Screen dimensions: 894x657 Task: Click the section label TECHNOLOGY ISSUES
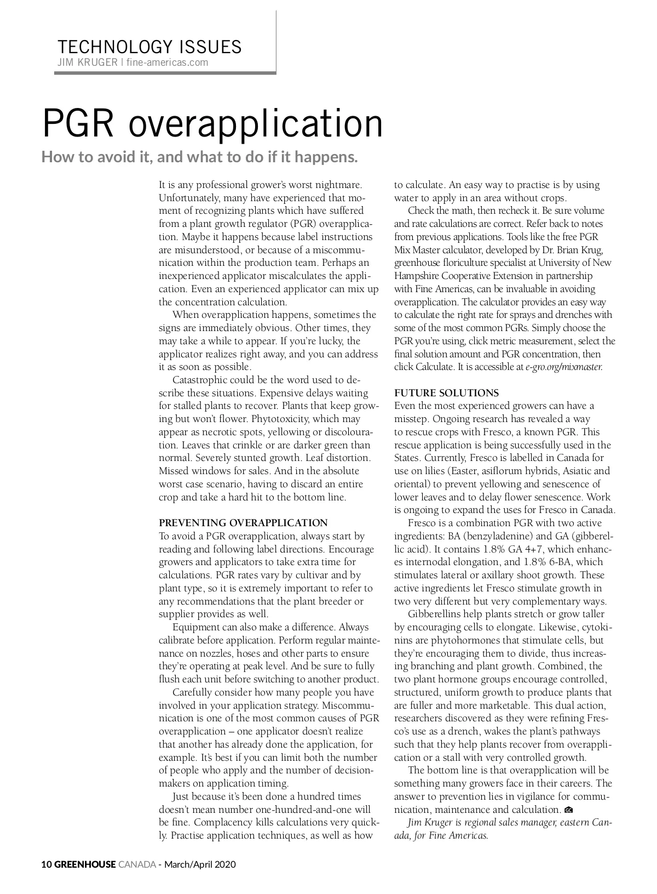click(149, 47)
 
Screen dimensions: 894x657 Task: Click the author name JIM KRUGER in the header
click(87, 62)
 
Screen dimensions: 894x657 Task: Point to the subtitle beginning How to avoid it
click(200, 157)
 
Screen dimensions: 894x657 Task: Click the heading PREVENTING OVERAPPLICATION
click(243, 523)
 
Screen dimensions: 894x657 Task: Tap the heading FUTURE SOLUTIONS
click(447, 393)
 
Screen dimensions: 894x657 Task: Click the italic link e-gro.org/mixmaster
click(564, 367)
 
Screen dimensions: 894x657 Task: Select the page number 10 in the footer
click(47, 864)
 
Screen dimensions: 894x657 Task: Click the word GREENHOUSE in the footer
click(85, 864)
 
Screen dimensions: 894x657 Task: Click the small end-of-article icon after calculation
click(568, 810)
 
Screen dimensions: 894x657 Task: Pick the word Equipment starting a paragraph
click(194, 627)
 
